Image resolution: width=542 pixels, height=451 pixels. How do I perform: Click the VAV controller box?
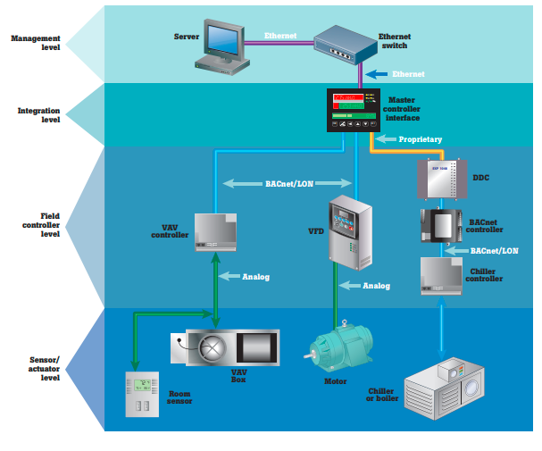click(x=216, y=234)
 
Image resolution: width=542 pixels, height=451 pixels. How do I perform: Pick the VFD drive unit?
click(x=346, y=230)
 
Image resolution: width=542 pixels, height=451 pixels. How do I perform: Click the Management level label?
click(x=35, y=43)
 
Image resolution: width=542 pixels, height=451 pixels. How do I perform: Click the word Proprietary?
click(x=420, y=139)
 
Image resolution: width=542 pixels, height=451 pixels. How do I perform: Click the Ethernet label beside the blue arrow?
click(x=407, y=74)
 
